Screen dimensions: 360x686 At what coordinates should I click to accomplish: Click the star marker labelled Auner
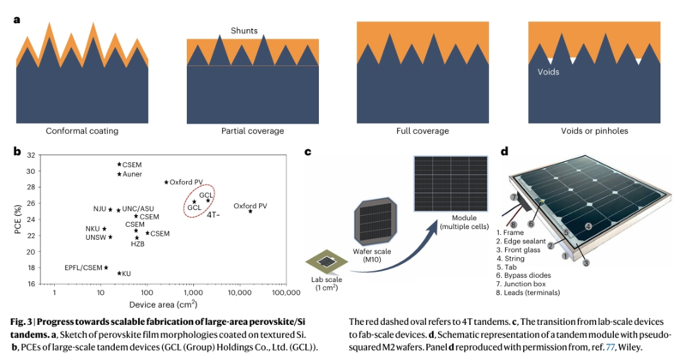[119, 174]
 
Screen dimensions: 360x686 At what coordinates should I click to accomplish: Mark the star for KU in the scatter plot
[119, 273]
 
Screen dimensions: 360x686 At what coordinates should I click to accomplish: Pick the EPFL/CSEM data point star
[106, 267]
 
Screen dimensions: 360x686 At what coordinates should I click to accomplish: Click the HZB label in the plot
[138, 244]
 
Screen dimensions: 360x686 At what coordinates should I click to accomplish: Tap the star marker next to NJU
[111, 209]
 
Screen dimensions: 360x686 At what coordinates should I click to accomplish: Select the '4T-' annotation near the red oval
[214, 214]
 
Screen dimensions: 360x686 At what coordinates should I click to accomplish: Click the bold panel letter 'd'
[505, 152]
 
